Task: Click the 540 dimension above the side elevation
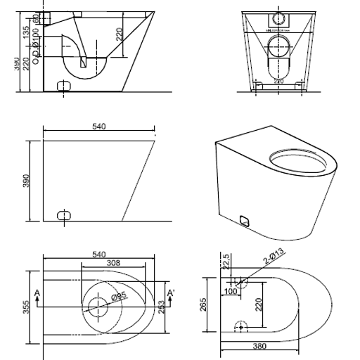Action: pyautogui.click(x=99, y=127)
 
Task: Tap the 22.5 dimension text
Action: pyautogui.click(x=226, y=260)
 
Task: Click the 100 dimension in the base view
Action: pyautogui.click(x=229, y=290)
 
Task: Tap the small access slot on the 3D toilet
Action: pyautogui.click(x=245, y=220)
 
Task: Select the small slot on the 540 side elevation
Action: pyautogui.click(x=64, y=214)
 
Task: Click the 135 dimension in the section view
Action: pyautogui.click(x=26, y=33)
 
